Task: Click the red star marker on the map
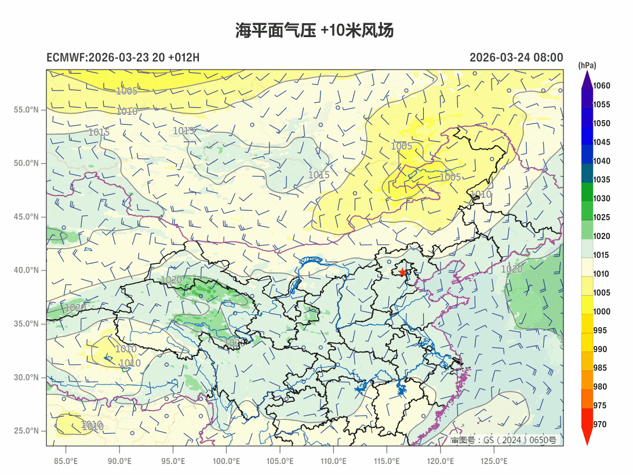tap(402, 272)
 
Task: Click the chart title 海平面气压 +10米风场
tap(315, 31)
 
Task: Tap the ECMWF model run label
tap(123, 57)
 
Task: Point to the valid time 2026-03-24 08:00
tap(516, 57)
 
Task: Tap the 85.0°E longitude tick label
tap(66, 462)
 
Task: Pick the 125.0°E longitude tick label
tap(494, 462)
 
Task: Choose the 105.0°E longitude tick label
tap(280, 462)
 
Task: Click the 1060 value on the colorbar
tap(602, 86)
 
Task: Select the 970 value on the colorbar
tap(600, 425)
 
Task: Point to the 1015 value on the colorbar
tap(602, 255)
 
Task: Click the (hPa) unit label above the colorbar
tap(587, 65)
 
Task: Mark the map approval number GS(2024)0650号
tap(503, 440)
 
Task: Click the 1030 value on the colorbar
tap(602, 198)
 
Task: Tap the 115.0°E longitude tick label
tap(387, 462)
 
